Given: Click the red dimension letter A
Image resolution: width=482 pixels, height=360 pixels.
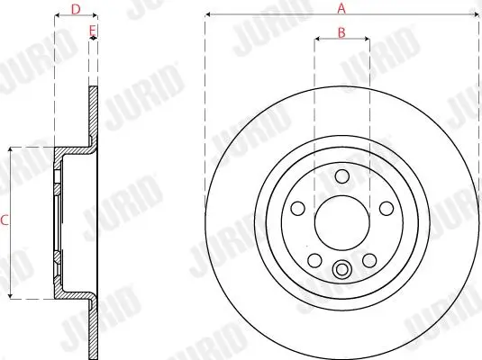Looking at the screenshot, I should (x=341, y=8).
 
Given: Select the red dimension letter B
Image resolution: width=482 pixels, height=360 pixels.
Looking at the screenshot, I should (x=341, y=32).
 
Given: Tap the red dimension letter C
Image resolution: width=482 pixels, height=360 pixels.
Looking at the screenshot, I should (x=5, y=220).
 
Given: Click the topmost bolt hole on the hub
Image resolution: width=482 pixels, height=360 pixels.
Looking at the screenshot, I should (x=341, y=176).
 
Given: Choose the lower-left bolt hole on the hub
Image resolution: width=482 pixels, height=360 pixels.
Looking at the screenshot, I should (x=315, y=259).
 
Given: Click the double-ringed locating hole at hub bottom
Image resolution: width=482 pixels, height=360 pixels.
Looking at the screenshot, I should (x=341, y=267).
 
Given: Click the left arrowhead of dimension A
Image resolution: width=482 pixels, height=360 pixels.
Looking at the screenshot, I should (x=208, y=15).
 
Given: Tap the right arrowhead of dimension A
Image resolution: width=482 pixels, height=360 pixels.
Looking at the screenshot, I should (x=474, y=15).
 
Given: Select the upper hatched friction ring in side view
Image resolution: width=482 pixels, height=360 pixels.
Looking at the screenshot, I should (x=92, y=112).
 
